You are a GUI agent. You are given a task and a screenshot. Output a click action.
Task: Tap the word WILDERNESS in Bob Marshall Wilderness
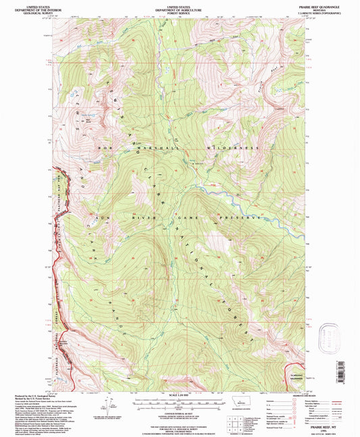pos(234,147)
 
